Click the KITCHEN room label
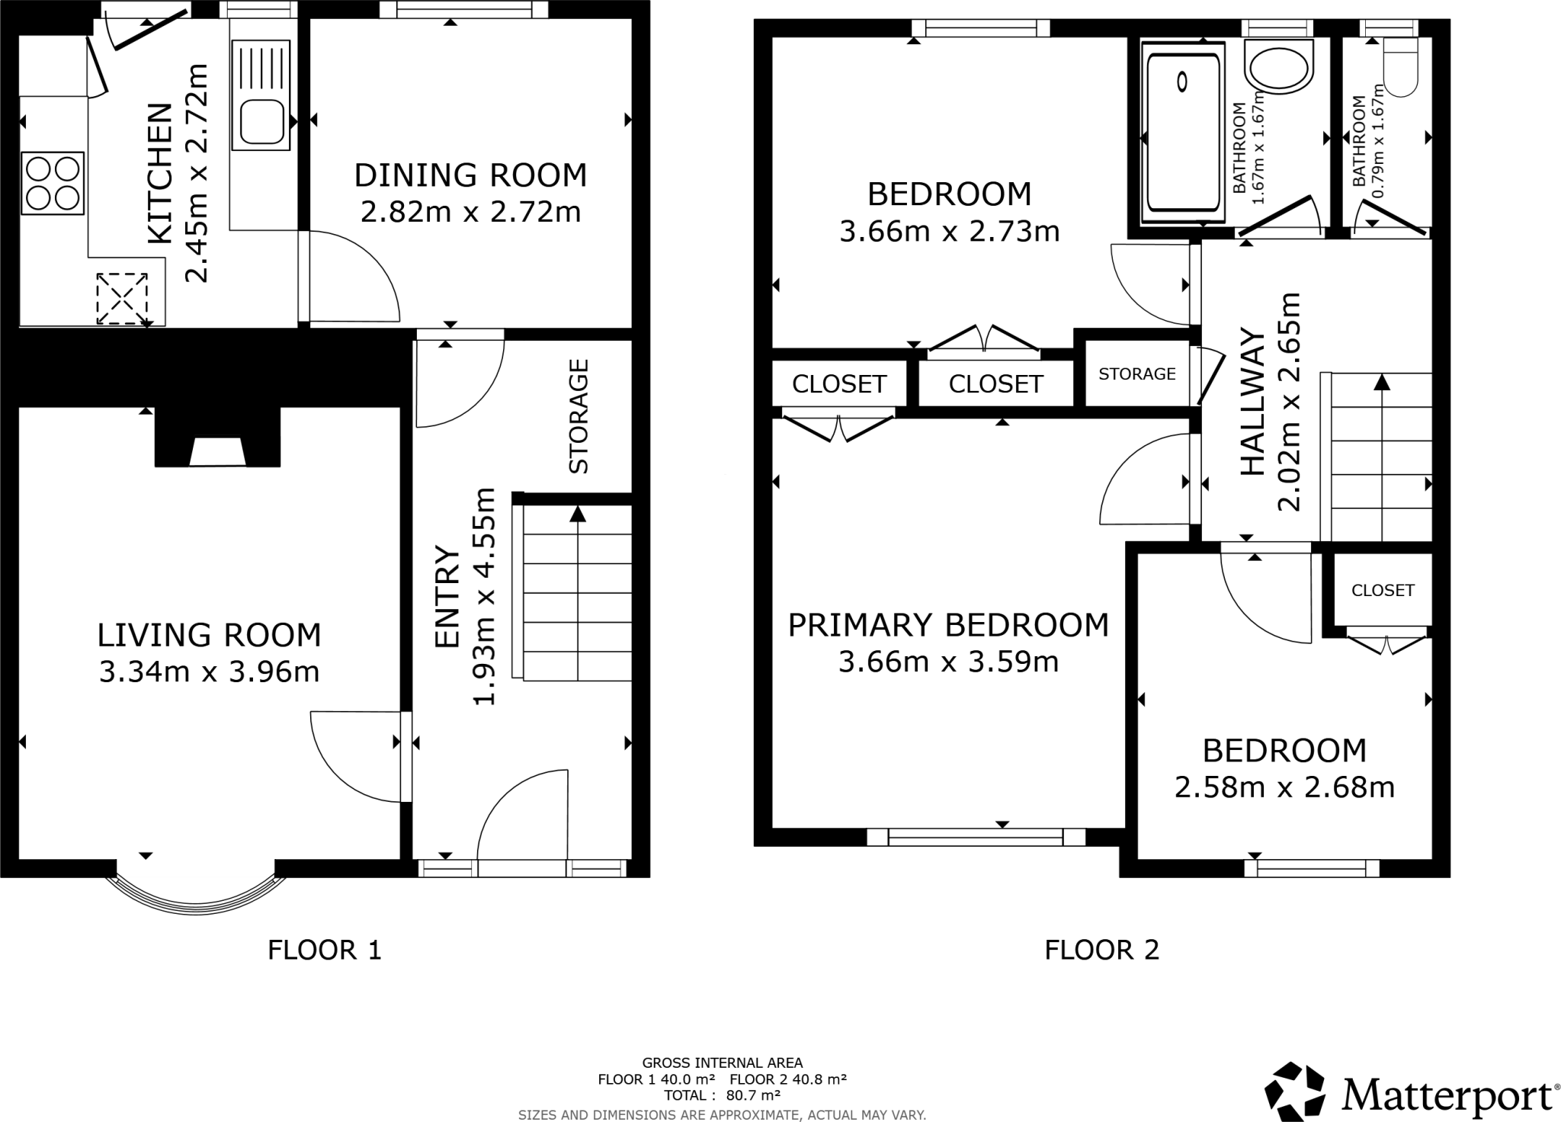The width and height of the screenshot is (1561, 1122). [x=159, y=174]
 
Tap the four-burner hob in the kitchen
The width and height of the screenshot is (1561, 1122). [x=53, y=183]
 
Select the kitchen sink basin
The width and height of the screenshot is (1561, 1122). [x=261, y=122]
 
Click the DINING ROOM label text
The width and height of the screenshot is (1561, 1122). [x=470, y=175]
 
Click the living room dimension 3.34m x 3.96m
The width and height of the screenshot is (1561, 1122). [x=209, y=672]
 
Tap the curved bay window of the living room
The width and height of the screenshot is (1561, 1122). [x=196, y=899]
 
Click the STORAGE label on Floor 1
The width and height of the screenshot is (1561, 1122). [x=579, y=416]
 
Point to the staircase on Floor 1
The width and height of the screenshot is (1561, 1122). [x=578, y=595]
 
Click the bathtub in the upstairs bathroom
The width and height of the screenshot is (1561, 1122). [x=1182, y=133]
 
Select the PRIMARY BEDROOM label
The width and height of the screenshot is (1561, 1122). [x=948, y=625]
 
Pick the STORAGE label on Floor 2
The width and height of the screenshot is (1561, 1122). [x=1136, y=373]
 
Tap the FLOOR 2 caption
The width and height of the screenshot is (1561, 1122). [x=1101, y=950]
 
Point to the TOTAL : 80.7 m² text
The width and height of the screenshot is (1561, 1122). [x=722, y=1096]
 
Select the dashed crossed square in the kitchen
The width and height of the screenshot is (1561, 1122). [x=121, y=299]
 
